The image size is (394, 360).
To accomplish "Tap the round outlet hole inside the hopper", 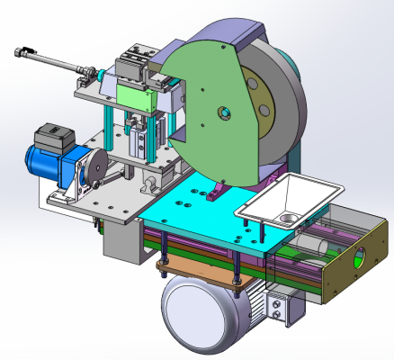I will (x=286, y=218).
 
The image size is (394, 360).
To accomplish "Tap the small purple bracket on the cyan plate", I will (x=215, y=192).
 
